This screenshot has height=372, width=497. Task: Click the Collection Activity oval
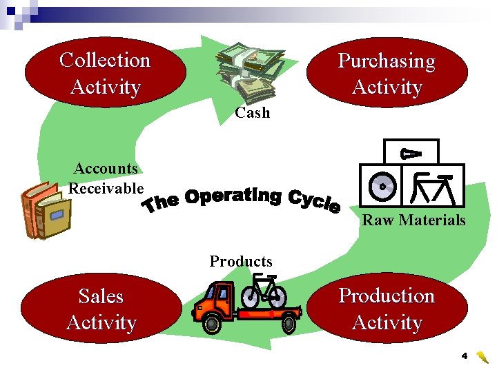[105, 73]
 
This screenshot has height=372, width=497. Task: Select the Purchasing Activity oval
[387, 73]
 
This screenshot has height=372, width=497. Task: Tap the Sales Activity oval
[101, 309]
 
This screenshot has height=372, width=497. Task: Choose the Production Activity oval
[387, 309]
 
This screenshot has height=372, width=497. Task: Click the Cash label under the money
[252, 112]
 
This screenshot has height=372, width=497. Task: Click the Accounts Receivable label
[106, 178]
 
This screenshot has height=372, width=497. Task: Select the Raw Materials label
[413, 220]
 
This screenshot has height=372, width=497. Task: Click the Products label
[241, 262]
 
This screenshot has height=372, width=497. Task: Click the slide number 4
[465, 356]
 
